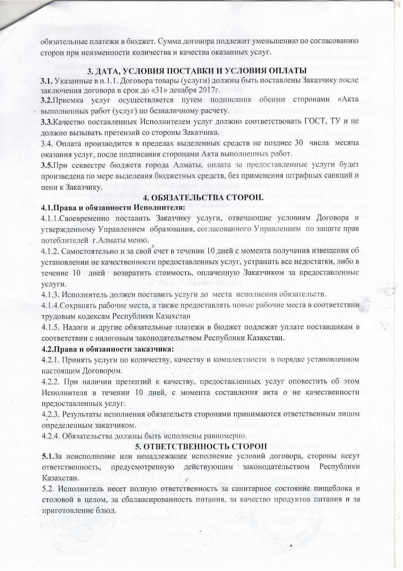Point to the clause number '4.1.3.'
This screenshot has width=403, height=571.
(51, 295)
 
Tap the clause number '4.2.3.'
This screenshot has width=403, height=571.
(51, 414)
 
